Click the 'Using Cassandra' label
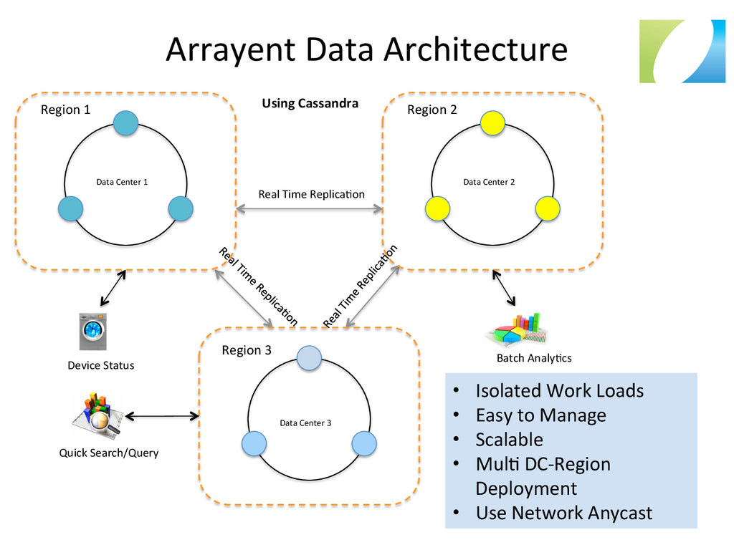point(310,103)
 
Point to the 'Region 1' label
point(65,110)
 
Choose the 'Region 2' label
point(432,110)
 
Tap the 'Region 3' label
point(247,350)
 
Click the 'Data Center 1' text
point(122,182)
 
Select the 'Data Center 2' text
point(489,182)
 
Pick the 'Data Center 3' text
point(305,423)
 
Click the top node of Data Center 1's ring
point(125,123)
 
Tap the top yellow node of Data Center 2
point(492,123)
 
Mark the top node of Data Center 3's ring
point(309,358)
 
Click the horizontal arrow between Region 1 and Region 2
point(309,209)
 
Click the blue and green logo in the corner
point(677,51)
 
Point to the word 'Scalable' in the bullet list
point(509,439)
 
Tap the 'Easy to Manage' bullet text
point(540,415)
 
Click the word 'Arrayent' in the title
point(229,49)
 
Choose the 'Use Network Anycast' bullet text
point(563,513)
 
